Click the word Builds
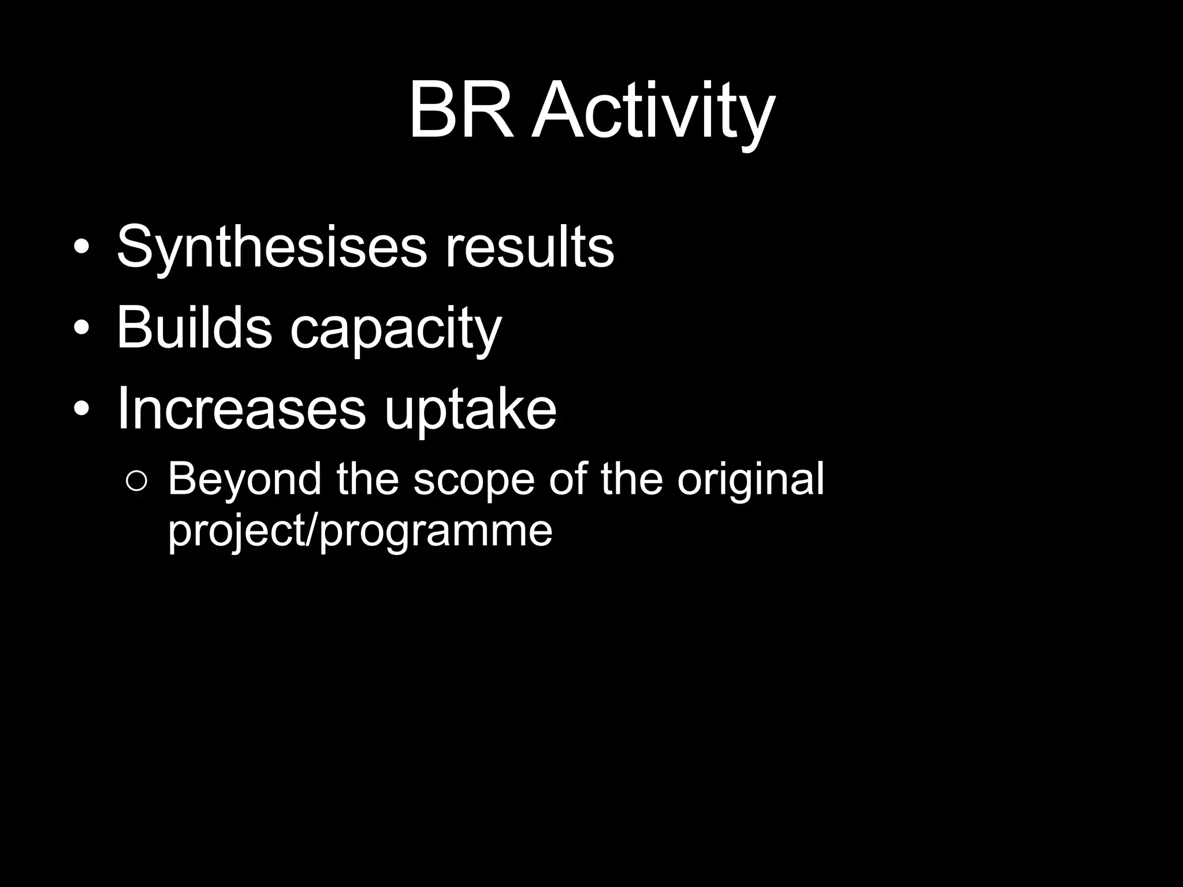[194, 328]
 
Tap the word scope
[474, 480]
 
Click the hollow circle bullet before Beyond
[137, 481]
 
